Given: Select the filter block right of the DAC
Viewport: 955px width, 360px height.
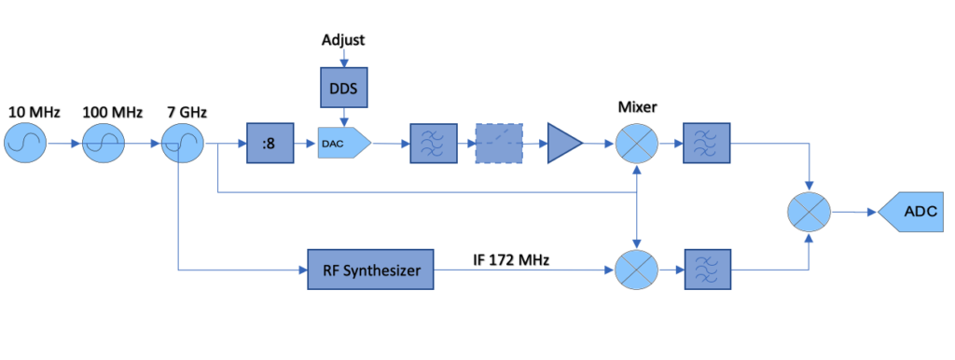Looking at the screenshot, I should click(x=429, y=144).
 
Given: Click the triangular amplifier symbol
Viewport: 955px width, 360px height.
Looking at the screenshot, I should click(x=563, y=144).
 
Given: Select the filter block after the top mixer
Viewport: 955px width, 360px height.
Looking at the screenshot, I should click(x=703, y=144).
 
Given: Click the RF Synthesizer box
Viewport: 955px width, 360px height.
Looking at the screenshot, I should click(x=370, y=270).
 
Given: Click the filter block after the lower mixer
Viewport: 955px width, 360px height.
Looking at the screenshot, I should click(x=703, y=270).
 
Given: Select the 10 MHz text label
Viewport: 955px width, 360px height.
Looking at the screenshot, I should click(x=35, y=113).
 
